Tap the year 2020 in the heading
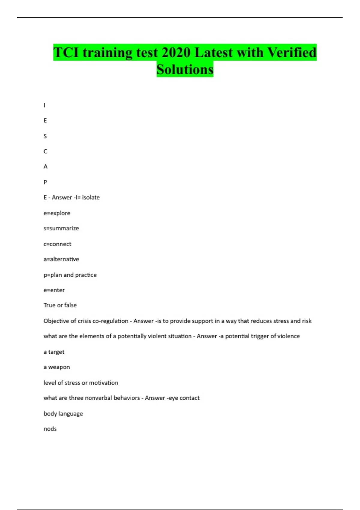176,52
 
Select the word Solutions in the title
185,70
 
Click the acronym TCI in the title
66,52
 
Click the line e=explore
57,213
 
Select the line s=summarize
61,228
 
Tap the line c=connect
57,244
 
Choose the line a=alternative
61,259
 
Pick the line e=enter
54,290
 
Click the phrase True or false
60,305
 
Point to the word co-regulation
110,321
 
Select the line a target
54,352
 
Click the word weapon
59,367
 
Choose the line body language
63,414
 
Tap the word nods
50,429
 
